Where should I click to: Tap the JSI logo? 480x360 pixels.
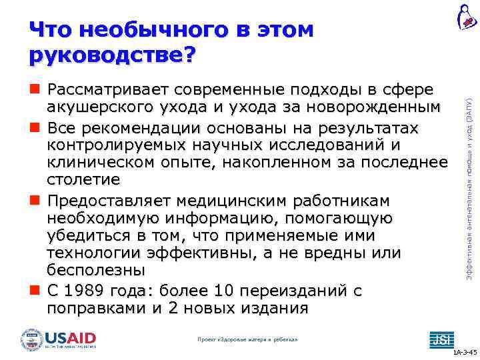pos(441,339)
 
